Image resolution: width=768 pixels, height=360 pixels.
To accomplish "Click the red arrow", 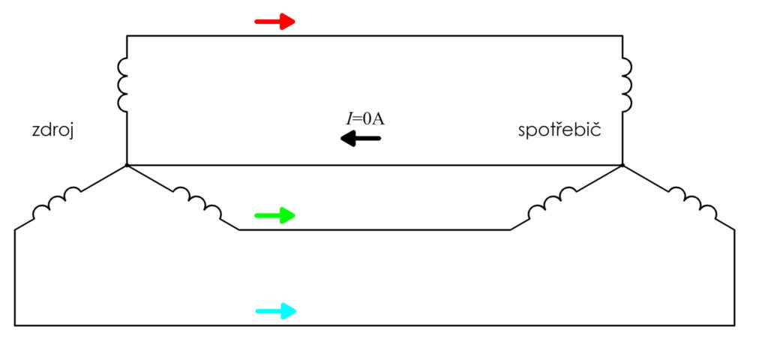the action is point(274,21).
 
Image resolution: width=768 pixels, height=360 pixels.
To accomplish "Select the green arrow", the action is point(274,215).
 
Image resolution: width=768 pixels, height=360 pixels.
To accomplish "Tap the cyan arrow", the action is point(276,310).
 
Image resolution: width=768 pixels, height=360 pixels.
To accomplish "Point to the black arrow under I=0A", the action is point(361,139).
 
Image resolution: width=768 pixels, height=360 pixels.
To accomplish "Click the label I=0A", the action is point(363,119).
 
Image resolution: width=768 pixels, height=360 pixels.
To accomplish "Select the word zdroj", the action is point(52,132).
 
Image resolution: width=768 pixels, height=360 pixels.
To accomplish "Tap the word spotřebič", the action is point(559,131).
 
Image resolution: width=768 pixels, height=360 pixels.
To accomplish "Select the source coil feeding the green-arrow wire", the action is point(198,201).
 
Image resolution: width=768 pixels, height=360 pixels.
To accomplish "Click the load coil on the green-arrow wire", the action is point(552,201).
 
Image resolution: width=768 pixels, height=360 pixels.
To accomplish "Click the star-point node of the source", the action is point(127,166).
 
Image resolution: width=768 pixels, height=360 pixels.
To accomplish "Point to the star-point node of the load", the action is point(622,166).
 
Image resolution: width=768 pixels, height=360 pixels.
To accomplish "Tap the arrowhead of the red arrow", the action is point(288,21).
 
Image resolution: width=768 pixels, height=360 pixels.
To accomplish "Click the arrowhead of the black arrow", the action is point(348,139).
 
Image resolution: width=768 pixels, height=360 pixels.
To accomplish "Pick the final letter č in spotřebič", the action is point(596,131).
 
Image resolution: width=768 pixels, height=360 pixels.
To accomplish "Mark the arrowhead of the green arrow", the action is point(288,215).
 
